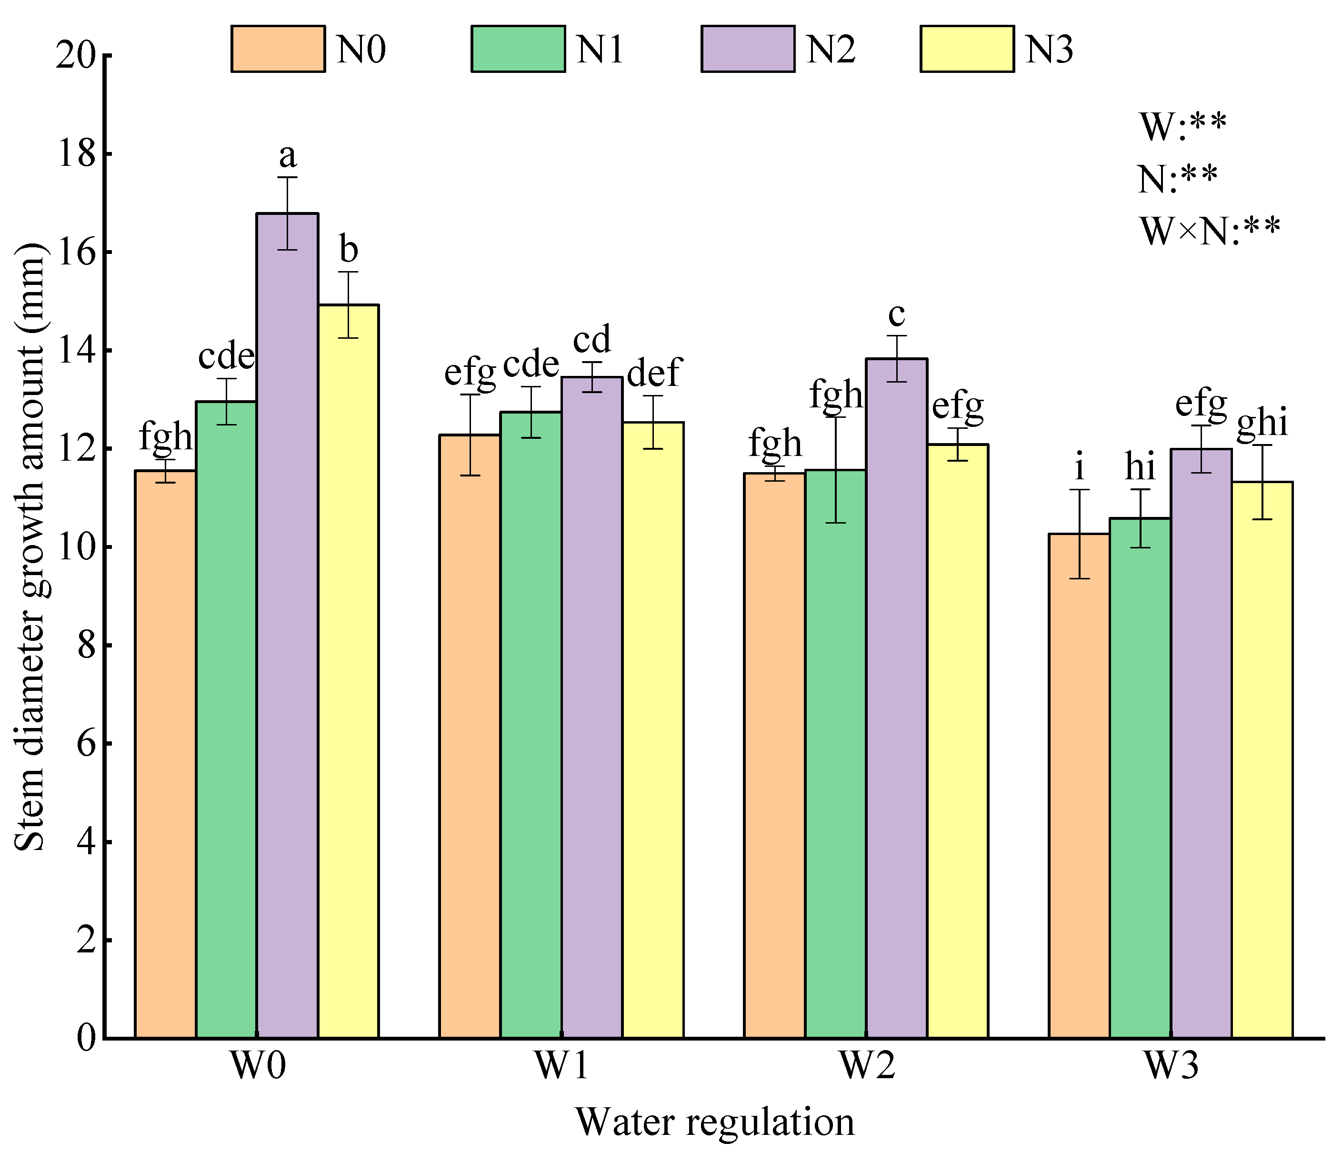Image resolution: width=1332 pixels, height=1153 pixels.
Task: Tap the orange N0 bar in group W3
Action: tap(1079, 785)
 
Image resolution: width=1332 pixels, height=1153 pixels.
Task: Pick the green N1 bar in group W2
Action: tap(835, 753)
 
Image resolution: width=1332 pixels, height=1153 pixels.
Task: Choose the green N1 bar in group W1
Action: tap(531, 724)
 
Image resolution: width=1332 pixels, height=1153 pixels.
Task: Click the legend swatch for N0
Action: tap(278, 49)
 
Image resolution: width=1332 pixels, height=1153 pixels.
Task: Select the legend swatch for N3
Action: tap(967, 49)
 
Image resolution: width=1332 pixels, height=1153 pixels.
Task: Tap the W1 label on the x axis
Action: tap(561, 1065)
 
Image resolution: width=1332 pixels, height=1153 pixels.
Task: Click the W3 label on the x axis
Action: tap(1171, 1065)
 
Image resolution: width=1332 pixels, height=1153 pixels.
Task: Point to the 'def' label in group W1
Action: tap(653, 373)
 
